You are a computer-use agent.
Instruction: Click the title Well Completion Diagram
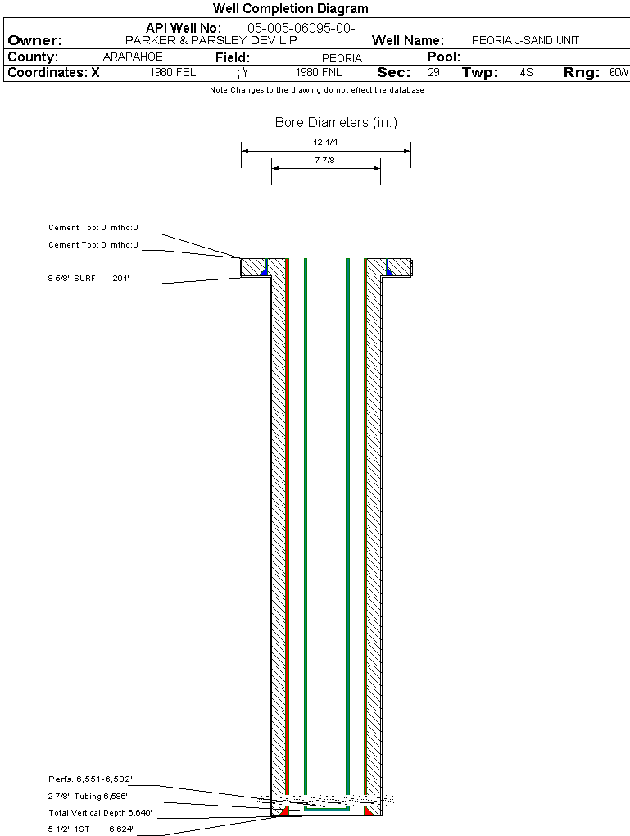pyautogui.click(x=290, y=9)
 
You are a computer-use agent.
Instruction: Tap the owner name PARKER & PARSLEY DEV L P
pyautogui.click(x=211, y=40)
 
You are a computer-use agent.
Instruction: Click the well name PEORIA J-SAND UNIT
pyautogui.click(x=525, y=40)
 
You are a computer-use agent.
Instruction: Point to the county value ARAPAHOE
pyautogui.click(x=133, y=57)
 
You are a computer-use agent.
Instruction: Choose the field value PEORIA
pyautogui.click(x=342, y=58)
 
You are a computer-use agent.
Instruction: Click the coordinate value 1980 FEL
pyautogui.click(x=173, y=73)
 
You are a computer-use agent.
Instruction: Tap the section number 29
pyautogui.click(x=433, y=73)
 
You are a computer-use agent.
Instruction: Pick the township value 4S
pyautogui.click(x=526, y=73)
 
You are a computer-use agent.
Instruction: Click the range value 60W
pyautogui.click(x=618, y=73)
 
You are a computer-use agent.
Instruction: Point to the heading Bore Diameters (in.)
pyautogui.click(x=336, y=123)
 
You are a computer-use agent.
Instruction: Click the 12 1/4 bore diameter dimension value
pyautogui.click(x=325, y=143)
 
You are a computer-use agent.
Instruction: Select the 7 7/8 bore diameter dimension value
pyautogui.click(x=325, y=160)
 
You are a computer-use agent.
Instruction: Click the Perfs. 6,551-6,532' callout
pyautogui.click(x=90, y=779)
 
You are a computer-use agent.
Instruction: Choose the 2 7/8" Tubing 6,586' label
pyautogui.click(x=88, y=796)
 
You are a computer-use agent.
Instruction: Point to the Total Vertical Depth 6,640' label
pyautogui.click(x=100, y=813)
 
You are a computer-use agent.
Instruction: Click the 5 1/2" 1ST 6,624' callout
pyautogui.click(x=90, y=829)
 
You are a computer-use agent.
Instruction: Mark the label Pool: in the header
pyautogui.click(x=444, y=57)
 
